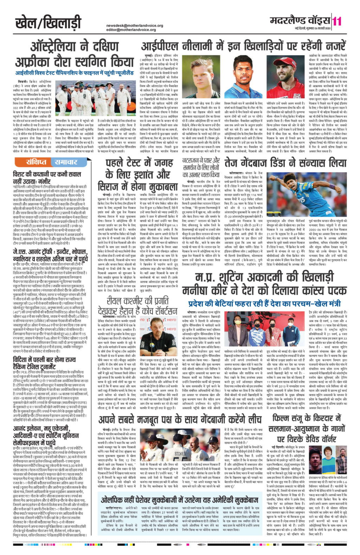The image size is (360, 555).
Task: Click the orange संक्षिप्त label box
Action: (x=33, y=162)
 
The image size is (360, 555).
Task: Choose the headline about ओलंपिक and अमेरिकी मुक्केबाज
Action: (x=180, y=501)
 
